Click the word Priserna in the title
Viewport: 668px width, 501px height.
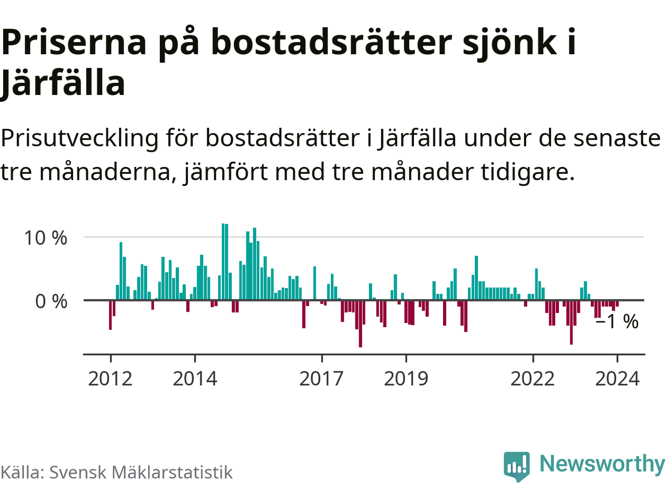(74, 42)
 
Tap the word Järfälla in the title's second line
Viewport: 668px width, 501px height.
(63, 83)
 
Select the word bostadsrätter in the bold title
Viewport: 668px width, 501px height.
(331, 42)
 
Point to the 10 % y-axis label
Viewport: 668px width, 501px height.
(45, 238)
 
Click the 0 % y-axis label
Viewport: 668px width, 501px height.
(51, 301)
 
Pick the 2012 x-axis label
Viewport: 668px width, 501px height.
(110, 378)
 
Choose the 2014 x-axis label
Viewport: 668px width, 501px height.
(195, 378)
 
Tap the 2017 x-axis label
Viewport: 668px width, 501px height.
(321, 378)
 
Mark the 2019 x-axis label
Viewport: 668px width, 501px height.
(406, 378)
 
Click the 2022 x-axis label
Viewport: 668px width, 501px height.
(532, 378)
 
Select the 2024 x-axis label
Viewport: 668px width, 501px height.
(617, 378)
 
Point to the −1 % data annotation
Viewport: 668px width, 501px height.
(617, 321)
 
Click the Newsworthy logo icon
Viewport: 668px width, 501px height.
(517, 466)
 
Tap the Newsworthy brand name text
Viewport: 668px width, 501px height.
(602, 463)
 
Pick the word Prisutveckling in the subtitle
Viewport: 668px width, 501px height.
(79, 138)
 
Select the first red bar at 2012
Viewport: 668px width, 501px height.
(110, 315)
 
